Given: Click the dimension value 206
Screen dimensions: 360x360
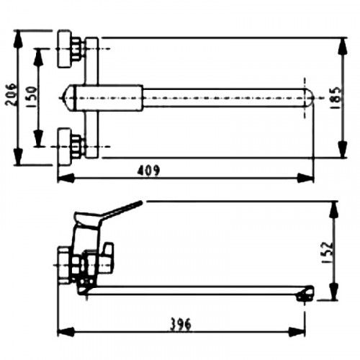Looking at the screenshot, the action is [x=12, y=94].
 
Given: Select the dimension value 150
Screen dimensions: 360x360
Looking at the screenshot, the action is [x=31, y=96].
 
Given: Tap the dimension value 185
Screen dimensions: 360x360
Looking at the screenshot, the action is [x=335, y=98].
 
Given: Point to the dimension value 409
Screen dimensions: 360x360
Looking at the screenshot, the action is [x=148, y=171].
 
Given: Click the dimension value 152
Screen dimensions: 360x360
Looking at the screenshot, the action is [x=328, y=253].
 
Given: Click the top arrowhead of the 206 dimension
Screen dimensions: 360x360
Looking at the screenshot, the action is [x=18, y=39].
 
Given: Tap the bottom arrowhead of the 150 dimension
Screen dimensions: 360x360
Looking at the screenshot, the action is [x=38, y=138].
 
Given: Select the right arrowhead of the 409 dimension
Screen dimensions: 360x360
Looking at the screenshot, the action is [x=305, y=178].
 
